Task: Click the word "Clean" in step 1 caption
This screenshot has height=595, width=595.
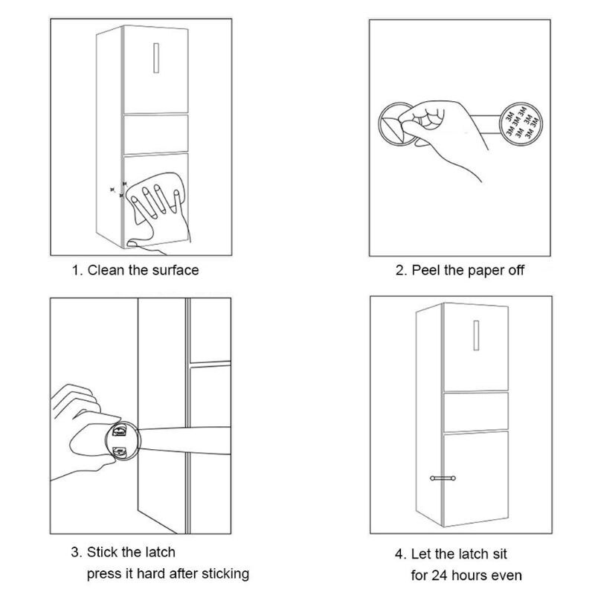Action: pyautogui.click(x=106, y=270)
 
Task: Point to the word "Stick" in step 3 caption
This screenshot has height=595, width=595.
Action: pyautogui.click(x=104, y=553)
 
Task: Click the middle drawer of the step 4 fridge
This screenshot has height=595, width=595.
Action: pyautogui.click(x=476, y=411)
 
